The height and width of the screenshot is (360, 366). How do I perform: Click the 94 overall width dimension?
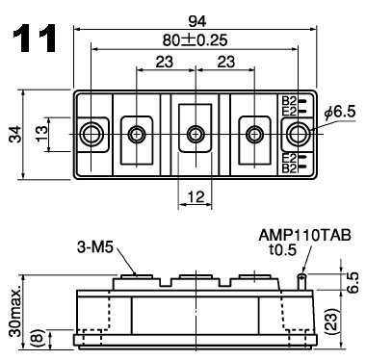point(196,22)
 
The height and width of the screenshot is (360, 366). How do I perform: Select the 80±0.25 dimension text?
point(195,40)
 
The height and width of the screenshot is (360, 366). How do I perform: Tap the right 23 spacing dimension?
point(226,62)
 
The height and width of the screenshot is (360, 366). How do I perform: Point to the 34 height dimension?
point(15,134)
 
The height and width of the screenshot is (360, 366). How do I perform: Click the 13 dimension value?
point(41,134)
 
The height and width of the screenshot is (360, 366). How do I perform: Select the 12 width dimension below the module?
point(196,196)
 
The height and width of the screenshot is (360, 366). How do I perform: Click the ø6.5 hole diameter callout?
point(340,112)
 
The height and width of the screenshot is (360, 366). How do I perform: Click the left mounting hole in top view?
point(91,134)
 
